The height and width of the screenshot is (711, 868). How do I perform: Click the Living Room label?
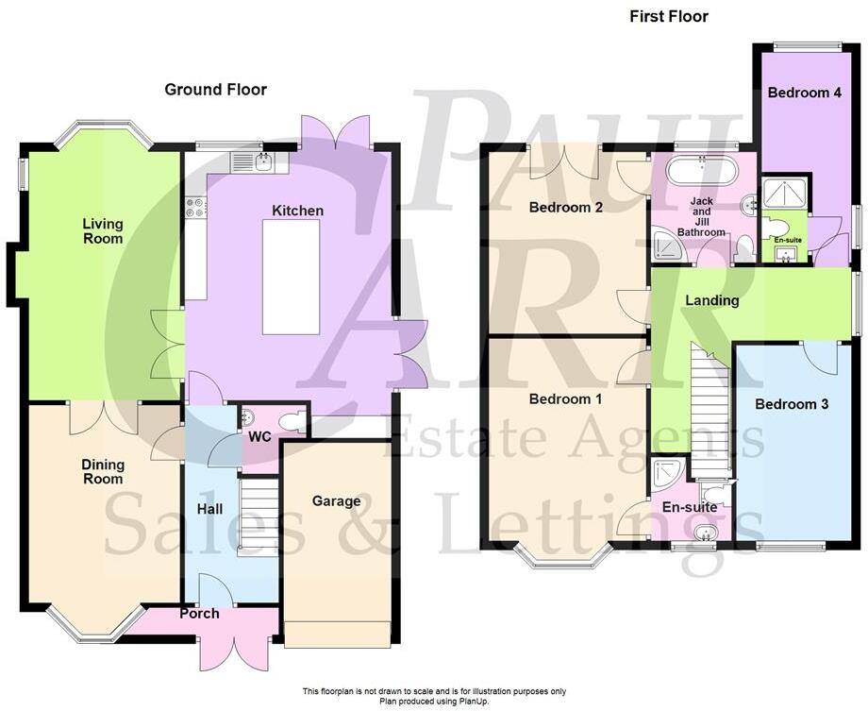[102, 230]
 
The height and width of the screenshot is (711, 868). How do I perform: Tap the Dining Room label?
[102, 471]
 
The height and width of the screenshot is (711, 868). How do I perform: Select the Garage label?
[337, 500]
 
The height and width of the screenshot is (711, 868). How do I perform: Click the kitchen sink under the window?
[263, 161]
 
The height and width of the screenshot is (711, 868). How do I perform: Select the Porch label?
[199, 614]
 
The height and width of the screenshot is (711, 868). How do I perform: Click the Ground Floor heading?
[215, 90]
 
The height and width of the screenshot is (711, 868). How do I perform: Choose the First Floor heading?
[668, 16]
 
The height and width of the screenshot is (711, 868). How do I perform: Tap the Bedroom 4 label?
[798, 93]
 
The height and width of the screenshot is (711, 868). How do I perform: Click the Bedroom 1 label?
[565, 398]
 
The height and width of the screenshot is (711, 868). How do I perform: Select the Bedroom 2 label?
[566, 207]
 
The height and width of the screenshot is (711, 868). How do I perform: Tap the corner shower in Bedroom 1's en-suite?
[667, 476]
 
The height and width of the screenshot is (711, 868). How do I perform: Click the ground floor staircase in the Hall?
[257, 516]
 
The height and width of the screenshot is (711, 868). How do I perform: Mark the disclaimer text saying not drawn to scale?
[435, 691]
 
